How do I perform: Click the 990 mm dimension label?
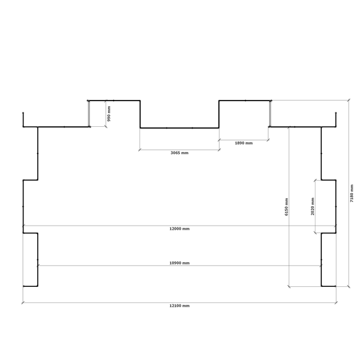[x=109, y=114]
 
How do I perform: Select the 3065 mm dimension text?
[x=179, y=153]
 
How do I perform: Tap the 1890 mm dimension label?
[x=243, y=143]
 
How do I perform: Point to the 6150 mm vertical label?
[x=286, y=207]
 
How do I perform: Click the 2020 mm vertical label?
[x=313, y=206]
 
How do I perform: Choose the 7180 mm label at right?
[x=352, y=193]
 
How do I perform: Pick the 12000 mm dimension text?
[x=179, y=229]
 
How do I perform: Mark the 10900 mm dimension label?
[x=179, y=263]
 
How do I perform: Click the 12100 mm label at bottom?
[x=179, y=306]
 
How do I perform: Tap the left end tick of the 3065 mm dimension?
[x=140, y=150]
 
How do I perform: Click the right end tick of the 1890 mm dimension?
[x=268, y=140]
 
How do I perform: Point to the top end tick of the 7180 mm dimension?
[x=349, y=100]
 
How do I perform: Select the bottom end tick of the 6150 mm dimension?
[x=289, y=286]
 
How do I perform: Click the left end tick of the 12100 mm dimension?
[x=23, y=303]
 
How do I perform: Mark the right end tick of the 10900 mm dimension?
[x=321, y=266]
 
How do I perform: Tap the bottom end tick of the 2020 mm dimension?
[x=315, y=233]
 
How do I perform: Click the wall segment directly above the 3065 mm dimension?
[x=179, y=128]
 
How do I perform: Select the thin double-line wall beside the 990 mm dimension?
[x=89, y=114]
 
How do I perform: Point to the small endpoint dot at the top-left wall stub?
[x=23, y=113]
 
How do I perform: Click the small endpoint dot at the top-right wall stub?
[x=336, y=113]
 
